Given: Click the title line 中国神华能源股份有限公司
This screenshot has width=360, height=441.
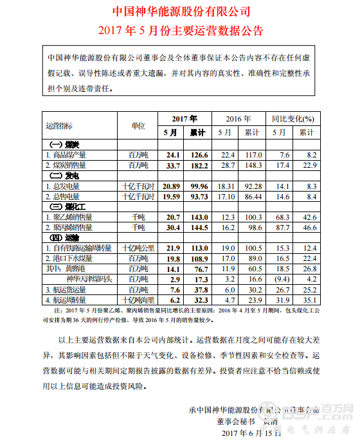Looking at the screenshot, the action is pos(181,12).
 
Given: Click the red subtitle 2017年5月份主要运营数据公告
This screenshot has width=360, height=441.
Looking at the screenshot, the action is pos(181,30).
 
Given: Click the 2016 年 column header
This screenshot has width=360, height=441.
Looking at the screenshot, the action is pos(239,118).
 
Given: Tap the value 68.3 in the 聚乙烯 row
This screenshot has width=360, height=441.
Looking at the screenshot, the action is pos(280,217).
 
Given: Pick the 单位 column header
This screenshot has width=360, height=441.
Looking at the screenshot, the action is pos(138,125).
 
